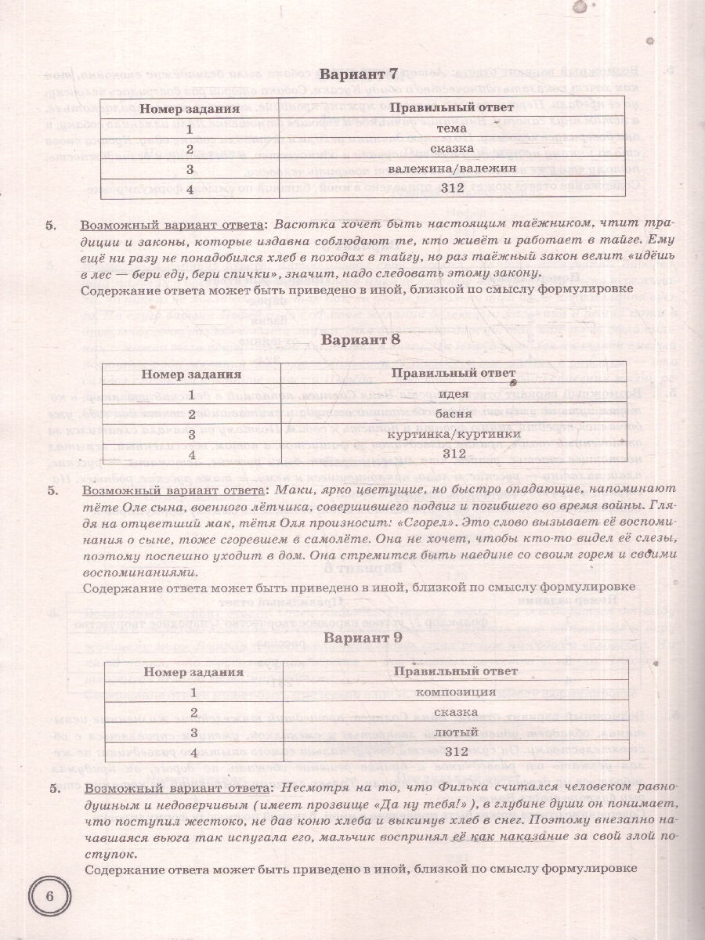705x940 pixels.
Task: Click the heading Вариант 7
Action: tap(360, 75)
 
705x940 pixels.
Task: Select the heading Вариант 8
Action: tap(361, 340)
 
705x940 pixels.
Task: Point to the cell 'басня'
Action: tap(454, 413)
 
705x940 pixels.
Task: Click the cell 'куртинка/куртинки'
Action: tap(454, 434)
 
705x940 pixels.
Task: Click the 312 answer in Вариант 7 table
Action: tap(453, 188)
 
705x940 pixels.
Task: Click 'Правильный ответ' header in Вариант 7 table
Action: tap(453, 107)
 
